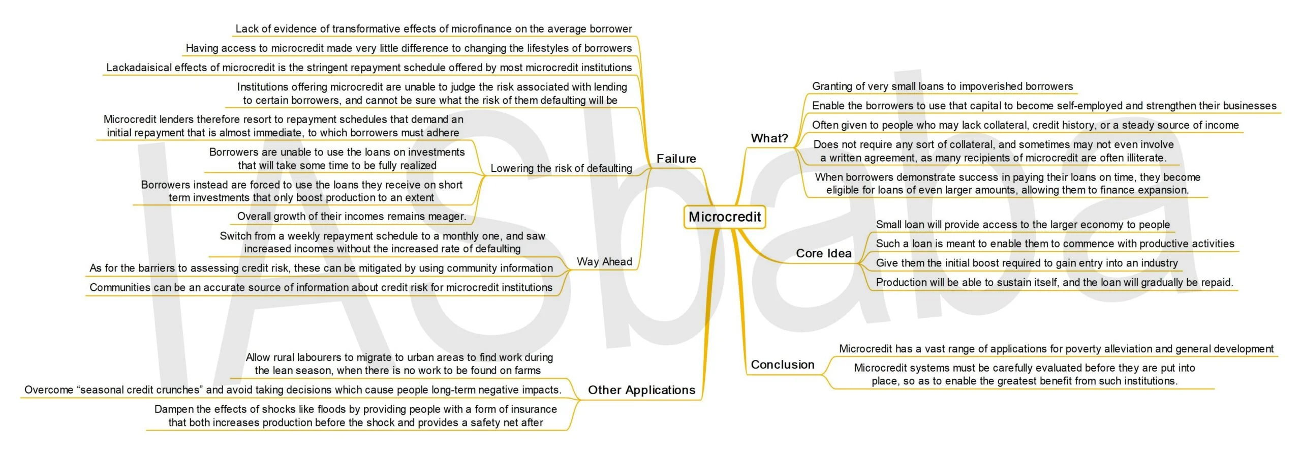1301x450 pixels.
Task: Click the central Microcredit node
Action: tap(725, 217)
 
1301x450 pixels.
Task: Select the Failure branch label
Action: tap(676, 159)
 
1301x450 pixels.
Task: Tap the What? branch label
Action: tap(769, 138)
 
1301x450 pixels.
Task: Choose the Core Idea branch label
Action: tap(824, 253)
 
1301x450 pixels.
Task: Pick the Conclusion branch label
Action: tap(783, 365)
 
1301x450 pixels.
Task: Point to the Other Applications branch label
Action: tap(642, 390)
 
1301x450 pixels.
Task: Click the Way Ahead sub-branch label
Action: tap(604, 262)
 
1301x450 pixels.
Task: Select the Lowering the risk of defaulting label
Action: tap(561, 168)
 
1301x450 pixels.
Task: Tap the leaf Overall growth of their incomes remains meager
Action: tap(352, 217)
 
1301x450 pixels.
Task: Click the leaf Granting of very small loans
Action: tap(942, 86)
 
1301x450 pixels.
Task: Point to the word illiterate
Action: tap(1143, 158)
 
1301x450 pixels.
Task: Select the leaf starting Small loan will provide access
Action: tap(1023, 225)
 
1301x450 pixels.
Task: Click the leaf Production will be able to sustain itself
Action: tap(1055, 282)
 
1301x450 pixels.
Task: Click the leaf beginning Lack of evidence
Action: tap(433, 29)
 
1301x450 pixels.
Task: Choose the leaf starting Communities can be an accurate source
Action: tap(321, 287)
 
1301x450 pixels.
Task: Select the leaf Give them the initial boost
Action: tap(1027, 263)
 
